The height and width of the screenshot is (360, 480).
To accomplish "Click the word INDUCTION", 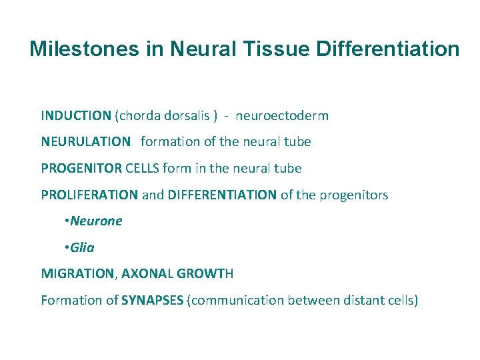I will [76, 115].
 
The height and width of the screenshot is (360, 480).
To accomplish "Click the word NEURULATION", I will [86, 141].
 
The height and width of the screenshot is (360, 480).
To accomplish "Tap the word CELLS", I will [142, 168].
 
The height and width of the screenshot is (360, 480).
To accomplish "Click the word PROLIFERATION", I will [90, 195].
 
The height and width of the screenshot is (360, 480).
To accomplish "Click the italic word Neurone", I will [96, 221].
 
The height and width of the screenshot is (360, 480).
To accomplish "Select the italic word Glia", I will [82, 247].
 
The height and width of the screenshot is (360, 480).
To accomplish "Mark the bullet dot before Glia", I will [67, 247].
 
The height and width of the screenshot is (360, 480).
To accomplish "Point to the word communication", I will [238, 300].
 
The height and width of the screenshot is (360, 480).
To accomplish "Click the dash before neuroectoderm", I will [227, 115].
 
